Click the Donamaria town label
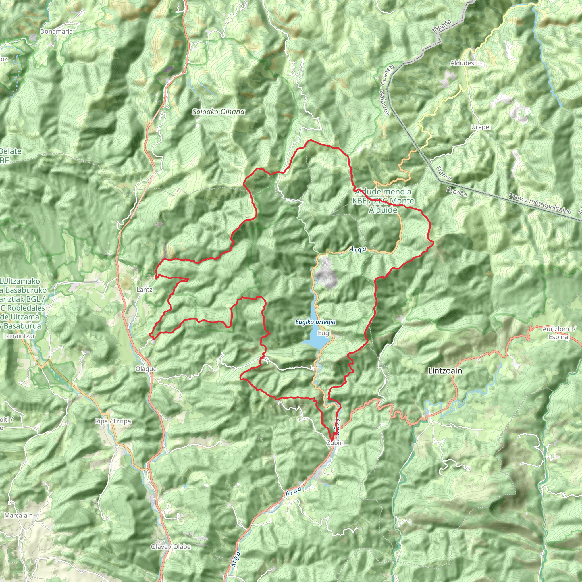(x=56, y=31)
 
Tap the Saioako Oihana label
(x=219, y=112)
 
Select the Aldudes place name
(x=462, y=63)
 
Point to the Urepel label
(x=481, y=127)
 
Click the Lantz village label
(x=144, y=290)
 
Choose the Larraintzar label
(x=19, y=336)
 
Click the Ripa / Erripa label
(x=113, y=421)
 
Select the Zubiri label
(x=335, y=443)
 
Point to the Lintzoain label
(x=445, y=371)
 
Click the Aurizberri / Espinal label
(x=559, y=333)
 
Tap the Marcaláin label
(x=18, y=516)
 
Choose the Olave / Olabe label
(x=171, y=547)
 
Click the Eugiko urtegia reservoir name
(x=315, y=322)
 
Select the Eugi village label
(x=324, y=333)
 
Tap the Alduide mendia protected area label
(x=383, y=201)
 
